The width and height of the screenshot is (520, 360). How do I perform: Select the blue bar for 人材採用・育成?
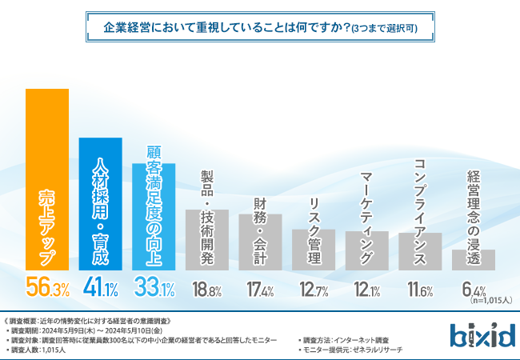(x=100, y=204)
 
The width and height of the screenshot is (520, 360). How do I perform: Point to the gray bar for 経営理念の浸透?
(x=473, y=260)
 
